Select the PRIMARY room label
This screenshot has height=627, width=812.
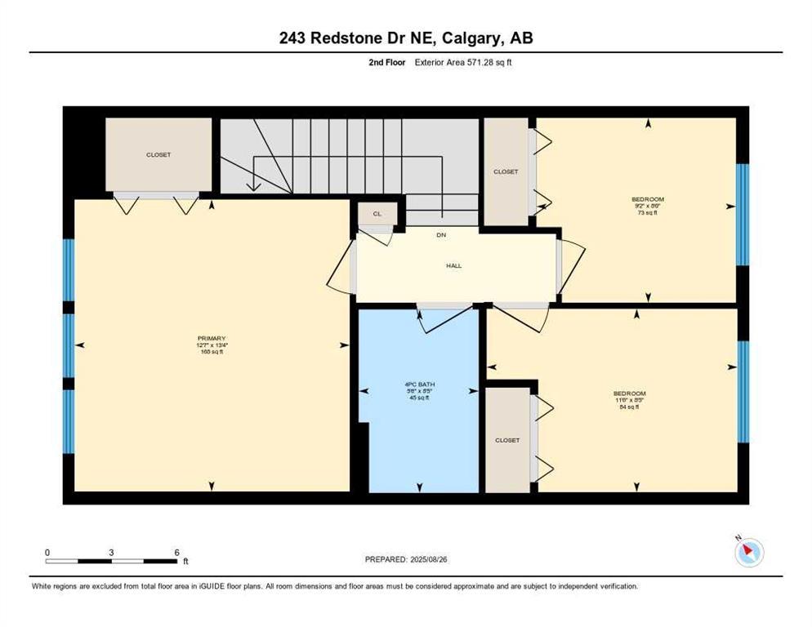tap(211, 338)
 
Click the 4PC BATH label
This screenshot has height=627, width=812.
tap(420, 385)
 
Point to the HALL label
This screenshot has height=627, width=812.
tap(453, 265)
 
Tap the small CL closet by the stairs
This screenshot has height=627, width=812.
tap(377, 214)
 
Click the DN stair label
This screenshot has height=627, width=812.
tap(441, 235)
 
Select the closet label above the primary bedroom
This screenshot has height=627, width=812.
tap(158, 154)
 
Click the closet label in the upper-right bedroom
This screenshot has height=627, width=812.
tap(506, 171)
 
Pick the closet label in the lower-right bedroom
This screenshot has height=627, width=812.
tap(506, 440)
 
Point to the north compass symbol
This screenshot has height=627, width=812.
tap(748, 553)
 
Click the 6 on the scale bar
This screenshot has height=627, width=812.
tap(176, 552)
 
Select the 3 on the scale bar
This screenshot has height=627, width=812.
tap(111, 552)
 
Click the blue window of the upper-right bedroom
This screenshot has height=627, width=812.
tap(742, 215)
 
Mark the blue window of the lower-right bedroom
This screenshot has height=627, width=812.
tap(742, 392)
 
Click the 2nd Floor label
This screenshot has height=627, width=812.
tap(386, 62)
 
